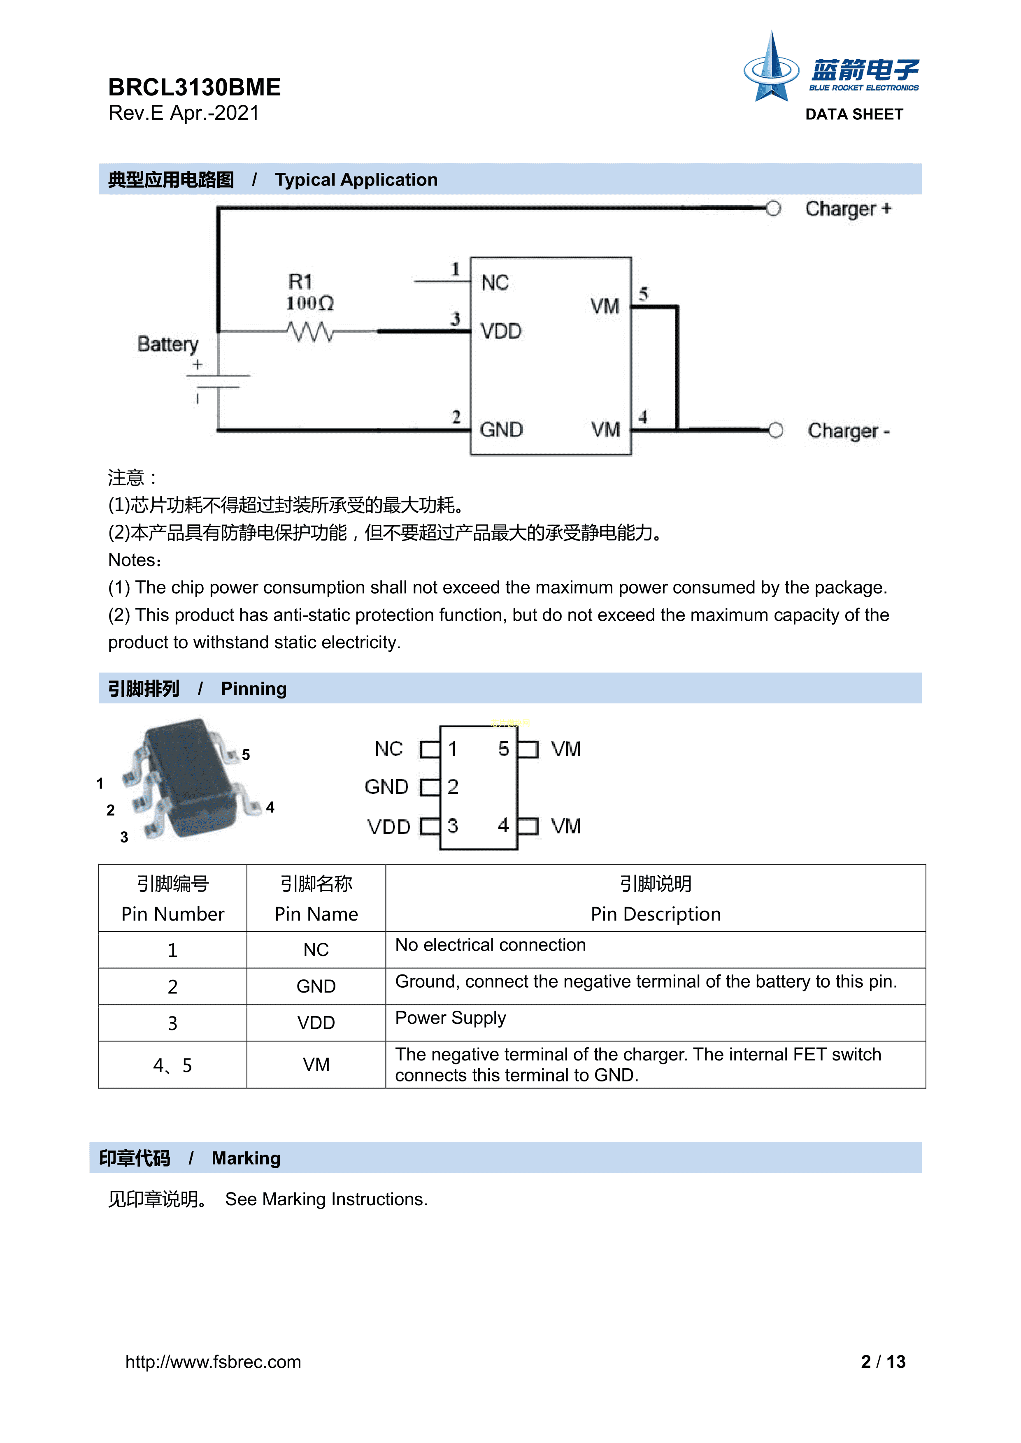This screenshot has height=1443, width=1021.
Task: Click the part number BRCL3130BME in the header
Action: (194, 87)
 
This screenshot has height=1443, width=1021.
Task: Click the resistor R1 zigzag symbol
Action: (310, 331)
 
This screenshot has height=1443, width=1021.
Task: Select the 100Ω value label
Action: (310, 304)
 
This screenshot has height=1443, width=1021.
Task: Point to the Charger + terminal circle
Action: (773, 209)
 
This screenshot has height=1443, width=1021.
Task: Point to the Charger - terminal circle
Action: (775, 431)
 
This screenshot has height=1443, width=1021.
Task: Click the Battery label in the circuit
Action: (168, 344)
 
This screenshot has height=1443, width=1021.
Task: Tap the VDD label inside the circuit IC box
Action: (501, 331)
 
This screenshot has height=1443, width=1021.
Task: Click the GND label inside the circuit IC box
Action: (501, 430)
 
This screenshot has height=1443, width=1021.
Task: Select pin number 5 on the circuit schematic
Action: (643, 294)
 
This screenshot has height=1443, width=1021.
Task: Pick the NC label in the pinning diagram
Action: (388, 749)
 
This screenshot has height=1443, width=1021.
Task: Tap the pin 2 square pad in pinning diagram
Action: (429, 787)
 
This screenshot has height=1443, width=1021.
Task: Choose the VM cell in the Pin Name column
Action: (316, 1065)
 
